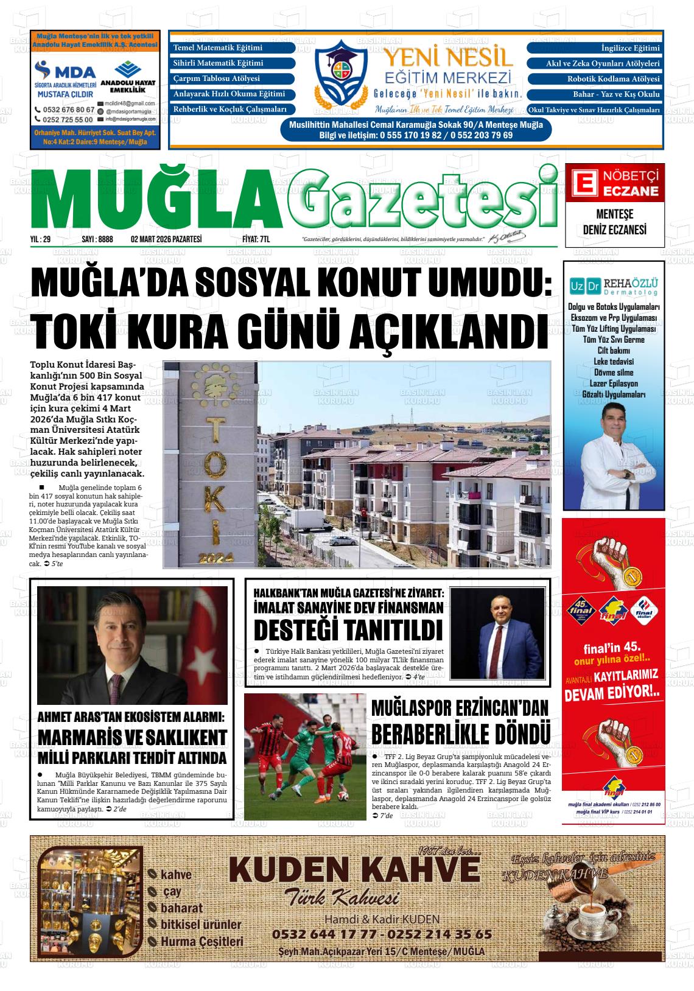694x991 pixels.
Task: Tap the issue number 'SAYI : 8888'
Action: (97, 240)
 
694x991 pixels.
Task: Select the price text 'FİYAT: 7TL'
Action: (256, 240)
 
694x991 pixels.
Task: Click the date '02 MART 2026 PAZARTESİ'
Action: (166, 240)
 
